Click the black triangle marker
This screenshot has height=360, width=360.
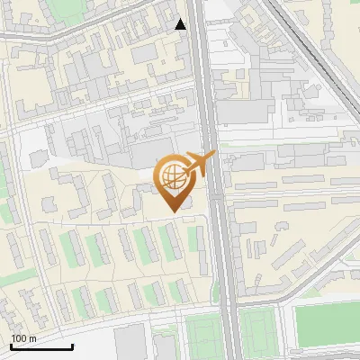point(181,24)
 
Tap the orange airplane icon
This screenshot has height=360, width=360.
point(200,164)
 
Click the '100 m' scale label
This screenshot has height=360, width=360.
point(23,338)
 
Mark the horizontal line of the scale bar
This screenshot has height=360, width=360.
point(41,346)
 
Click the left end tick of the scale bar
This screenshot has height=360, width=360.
point(11,346)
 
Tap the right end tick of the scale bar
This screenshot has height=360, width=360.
point(72,346)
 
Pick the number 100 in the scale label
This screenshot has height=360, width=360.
point(19,338)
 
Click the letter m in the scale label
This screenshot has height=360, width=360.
point(32,338)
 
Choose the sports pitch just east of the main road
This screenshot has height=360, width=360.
point(256,332)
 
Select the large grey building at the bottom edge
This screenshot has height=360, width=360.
point(130,343)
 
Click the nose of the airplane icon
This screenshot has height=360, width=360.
point(214,156)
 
